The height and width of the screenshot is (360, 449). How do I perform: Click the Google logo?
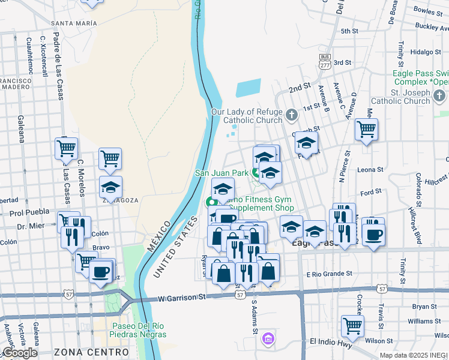pyautogui.click(x=20, y=353)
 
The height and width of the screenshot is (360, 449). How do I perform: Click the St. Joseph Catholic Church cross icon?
pyautogui.click(x=439, y=95)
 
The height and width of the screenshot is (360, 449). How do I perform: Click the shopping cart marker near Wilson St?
pyautogui.click(x=352, y=326)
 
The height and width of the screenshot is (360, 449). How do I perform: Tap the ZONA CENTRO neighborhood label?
pyautogui.click(x=91, y=352)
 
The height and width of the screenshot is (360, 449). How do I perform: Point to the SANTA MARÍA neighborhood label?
pyautogui.click(x=74, y=23)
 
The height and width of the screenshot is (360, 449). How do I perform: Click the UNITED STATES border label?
pyautogui.click(x=175, y=247)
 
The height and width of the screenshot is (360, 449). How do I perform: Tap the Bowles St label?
pyautogui.click(x=428, y=10)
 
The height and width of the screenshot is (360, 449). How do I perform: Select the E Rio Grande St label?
pyautogui.click(x=329, y=274)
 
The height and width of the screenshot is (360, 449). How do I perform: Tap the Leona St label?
pyautogui.click(x=370, y=170)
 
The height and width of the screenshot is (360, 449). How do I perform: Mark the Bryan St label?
pyautogui.click(x=424, y=306)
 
